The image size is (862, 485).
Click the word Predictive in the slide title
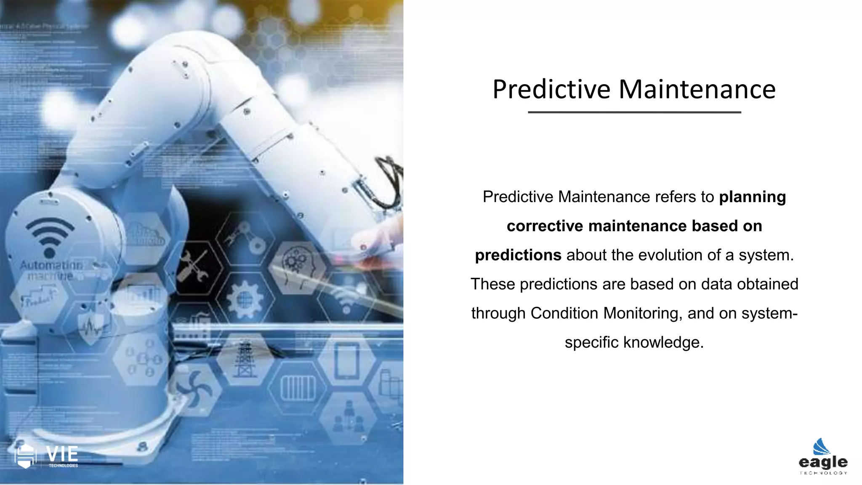pos(551,90)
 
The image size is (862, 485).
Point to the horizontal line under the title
pos(634,112)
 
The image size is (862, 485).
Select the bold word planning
pos(752,197)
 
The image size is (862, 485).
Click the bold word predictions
pos(518,255)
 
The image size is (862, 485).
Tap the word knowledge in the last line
pos(663,342)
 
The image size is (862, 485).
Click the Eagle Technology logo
pos(823,457)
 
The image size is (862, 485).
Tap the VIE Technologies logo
pos(46,456)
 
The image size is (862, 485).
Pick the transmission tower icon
pos(245,358)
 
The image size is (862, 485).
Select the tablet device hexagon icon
pos(346,360)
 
